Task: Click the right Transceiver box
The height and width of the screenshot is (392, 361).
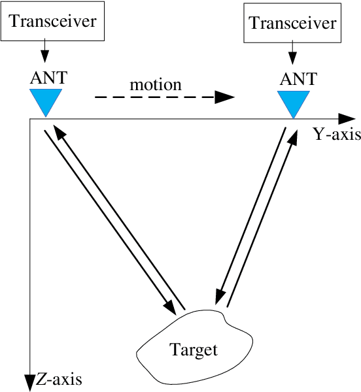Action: coord(293,25)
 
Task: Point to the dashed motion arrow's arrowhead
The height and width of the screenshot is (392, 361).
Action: coord(224,97)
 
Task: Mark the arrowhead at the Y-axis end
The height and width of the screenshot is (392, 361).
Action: coord(345,119)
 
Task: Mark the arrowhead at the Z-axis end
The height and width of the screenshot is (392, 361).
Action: coord(29,382)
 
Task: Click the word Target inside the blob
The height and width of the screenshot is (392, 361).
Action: coord(194,350)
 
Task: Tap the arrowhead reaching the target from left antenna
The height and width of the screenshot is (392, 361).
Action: coord(171,305)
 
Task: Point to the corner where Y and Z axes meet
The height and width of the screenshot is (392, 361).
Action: coord(29,120)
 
